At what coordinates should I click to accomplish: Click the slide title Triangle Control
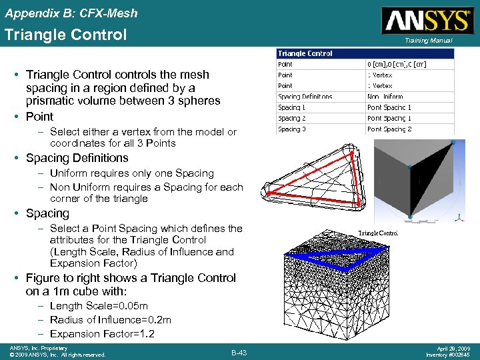click(65, 35)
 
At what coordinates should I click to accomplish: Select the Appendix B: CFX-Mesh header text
click(71, 12)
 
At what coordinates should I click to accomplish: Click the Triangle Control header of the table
click(305, 53)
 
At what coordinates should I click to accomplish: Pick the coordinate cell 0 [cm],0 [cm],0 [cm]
click(397, 64)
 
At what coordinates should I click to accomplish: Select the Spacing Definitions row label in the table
click(305, 97)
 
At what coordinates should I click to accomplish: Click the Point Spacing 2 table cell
click(389, 129)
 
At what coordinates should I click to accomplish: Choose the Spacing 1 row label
click(292, 107)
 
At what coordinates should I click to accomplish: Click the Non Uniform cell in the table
click(387, 97)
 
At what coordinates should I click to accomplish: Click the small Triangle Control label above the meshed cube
click(378, 233)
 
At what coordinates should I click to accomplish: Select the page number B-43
click(239, 351)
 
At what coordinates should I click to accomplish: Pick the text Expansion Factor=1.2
click(102, 334)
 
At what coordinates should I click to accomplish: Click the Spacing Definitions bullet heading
click(77, 158)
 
